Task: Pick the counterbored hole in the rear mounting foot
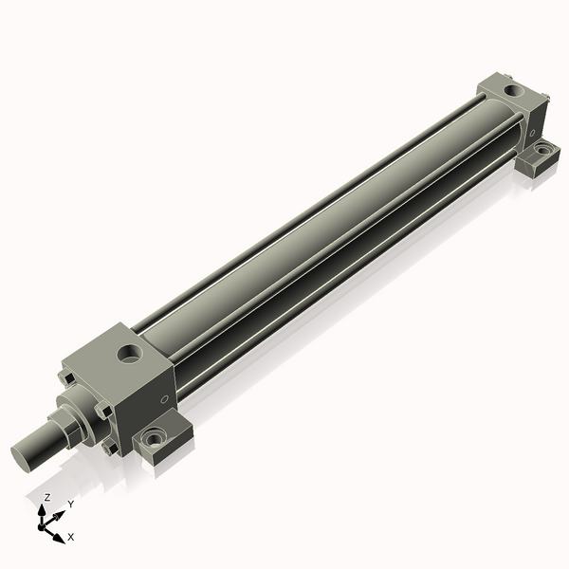542,150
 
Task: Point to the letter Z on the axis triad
47,497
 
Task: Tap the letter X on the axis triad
71,537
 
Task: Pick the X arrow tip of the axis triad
60,538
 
